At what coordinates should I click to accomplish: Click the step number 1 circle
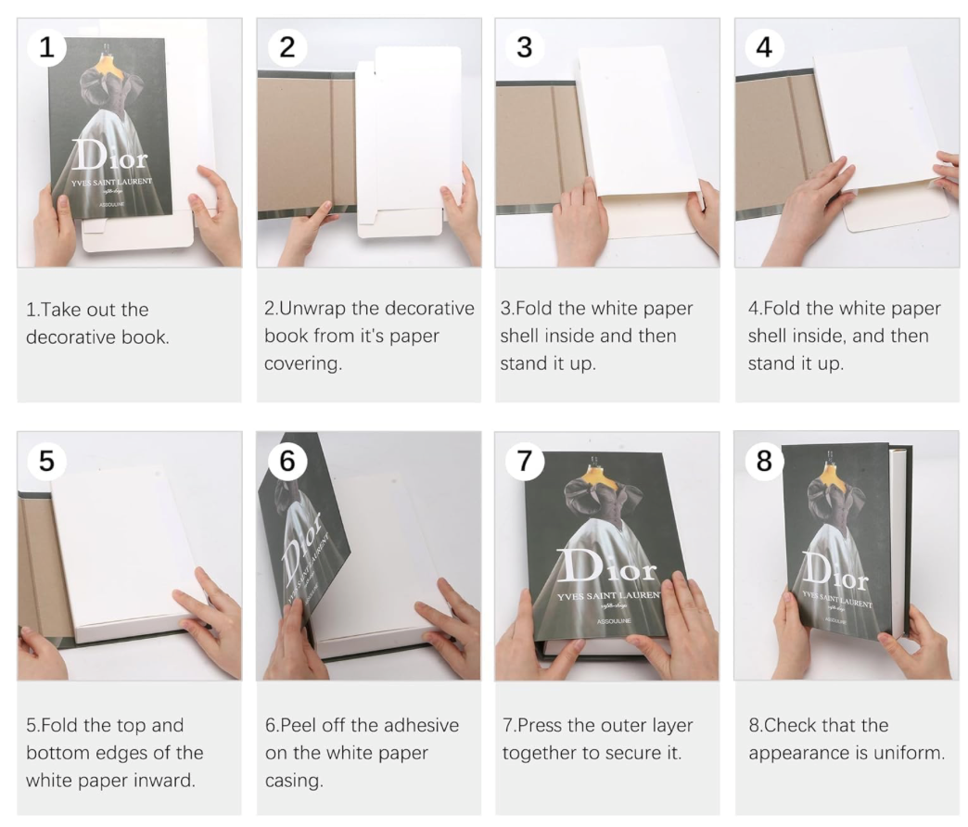coord(46,47)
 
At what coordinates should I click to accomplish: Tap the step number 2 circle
coord(287,47)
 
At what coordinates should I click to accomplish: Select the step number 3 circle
coord(525,47)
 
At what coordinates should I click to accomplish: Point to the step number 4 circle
coord(764,47)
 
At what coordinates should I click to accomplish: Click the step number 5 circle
coord(46,461)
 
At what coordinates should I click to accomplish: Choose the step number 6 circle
coord(287,461)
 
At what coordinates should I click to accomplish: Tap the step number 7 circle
coord(525,461)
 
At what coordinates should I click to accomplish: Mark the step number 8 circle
coord(764,461)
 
